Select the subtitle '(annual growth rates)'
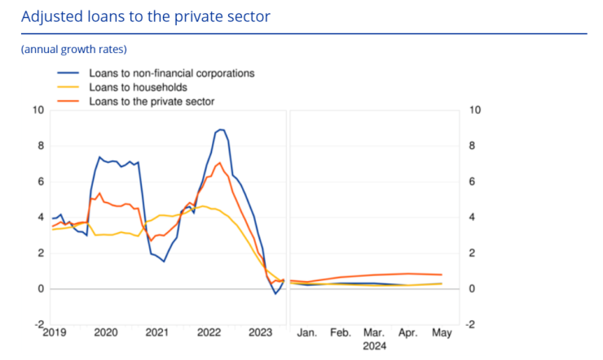(x=73, y=50)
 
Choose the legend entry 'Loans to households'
(x=138, y=87)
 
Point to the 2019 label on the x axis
(x=53, y=333)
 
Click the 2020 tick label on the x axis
(x=105, y=333)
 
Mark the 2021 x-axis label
(x=157, y=333)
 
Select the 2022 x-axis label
(x=209, y=333)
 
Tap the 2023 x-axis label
(x=262, y=333)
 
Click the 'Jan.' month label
(x=307, y=333)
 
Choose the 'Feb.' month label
(x=341, y=333)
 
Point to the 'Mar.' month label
(x=375, y=333)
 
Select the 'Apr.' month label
(x=407, y=333)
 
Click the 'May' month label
(x=441, y=333)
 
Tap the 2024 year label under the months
(x=375, y=346)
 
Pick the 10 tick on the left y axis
(x=37, y=110)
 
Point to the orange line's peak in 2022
(x=219, y=163)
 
